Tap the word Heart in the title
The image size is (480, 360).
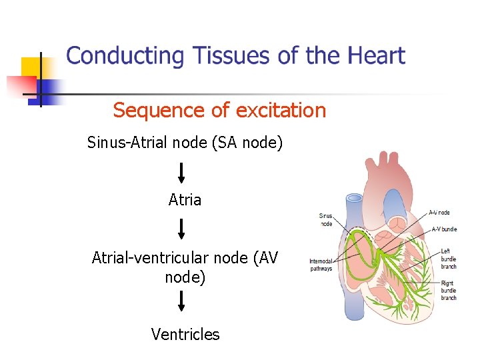(374, 55)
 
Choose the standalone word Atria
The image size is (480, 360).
(185, 199)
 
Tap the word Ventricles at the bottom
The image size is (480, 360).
(185, 334)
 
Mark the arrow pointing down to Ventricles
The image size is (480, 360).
(181, 301)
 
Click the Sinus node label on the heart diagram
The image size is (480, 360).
(325, 220)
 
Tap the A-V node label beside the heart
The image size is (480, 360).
(439, 213)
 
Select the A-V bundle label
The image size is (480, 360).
(444, 229)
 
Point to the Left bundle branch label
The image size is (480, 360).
(449, 259)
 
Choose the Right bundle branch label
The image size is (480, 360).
(449, 291)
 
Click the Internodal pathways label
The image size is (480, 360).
(321, 265)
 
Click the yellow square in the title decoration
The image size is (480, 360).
(31, 67)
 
